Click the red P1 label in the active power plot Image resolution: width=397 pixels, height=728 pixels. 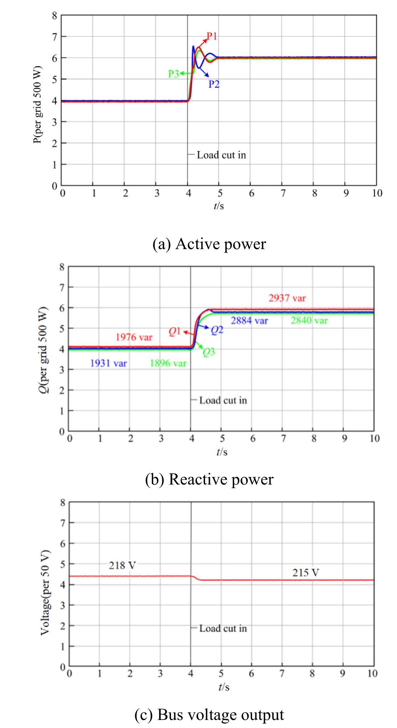(212, 36)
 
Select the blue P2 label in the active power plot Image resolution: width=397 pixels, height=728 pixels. (214, 84)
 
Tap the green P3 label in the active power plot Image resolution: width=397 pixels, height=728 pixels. (174, 74)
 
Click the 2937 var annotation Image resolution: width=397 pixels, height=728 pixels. (287, 298)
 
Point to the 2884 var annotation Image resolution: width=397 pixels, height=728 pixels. (249, 321)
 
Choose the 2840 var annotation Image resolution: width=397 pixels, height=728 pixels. (309, 320)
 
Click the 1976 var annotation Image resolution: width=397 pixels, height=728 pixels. (134, 337)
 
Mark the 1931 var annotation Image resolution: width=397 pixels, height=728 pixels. (108, 363)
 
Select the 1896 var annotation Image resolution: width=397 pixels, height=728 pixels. (168, 363)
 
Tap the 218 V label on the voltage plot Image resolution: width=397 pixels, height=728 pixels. (122, 565)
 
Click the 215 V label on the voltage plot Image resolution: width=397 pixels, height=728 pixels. (306, 573)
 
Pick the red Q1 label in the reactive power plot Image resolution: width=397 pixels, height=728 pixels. (174, 332)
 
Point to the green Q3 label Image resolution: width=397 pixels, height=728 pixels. (209, 353)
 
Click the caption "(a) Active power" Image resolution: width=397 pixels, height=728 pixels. (209, 244)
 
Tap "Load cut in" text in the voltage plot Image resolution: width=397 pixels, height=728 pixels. (223, 629)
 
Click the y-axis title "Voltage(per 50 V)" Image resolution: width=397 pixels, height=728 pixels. (45, 592)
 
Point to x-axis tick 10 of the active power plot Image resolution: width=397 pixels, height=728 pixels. (377, 194)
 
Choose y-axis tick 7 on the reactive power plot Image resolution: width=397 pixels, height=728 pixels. (62, 287)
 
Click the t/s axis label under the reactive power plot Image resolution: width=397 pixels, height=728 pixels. (222, 452)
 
